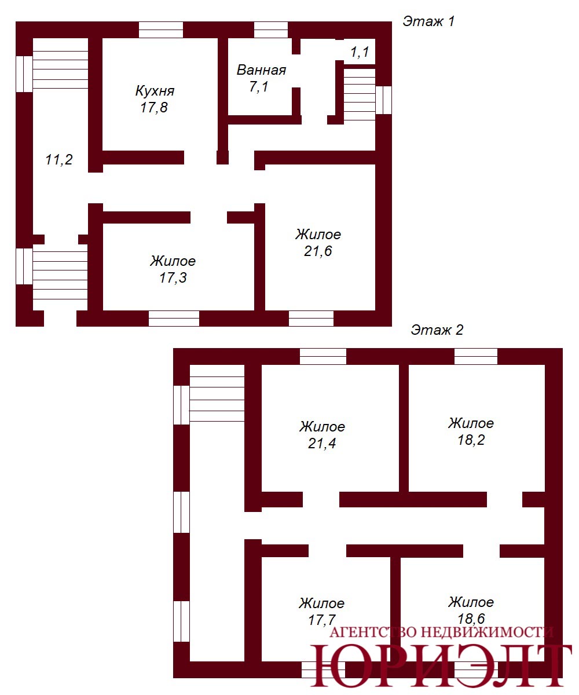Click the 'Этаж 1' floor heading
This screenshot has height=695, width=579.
(428, 21)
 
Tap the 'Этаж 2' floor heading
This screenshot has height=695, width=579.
(437, 330)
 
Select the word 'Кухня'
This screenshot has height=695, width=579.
(155, 91)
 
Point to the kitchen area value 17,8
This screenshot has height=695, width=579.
(154, 108)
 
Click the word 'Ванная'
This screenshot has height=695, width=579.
(261, 70)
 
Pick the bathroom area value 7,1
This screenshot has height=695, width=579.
(259, 87)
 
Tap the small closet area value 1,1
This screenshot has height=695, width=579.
(360, 52)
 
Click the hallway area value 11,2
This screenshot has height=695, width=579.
(59, 160)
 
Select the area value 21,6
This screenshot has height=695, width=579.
(318, 251)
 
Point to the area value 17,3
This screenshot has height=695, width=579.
(173, 277)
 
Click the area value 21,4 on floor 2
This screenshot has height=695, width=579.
(322, 444)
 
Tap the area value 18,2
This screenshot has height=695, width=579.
(471, 440)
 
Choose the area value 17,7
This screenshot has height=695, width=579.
(321, 620)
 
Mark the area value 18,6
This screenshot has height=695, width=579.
(471, 619)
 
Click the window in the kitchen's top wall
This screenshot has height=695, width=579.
(161, 30)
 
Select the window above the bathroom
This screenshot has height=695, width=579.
(271, 30)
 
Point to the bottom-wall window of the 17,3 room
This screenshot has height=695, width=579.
(174, 319)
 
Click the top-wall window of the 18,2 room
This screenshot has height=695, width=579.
(476, 357)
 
